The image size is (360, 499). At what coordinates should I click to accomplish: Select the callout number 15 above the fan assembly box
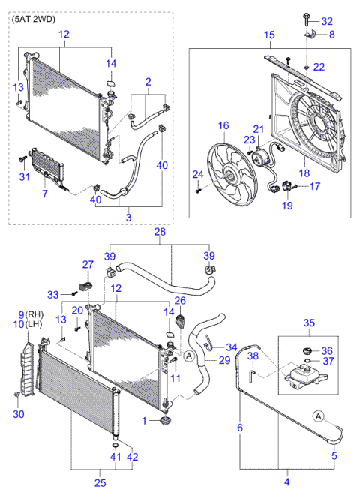pos(269,35)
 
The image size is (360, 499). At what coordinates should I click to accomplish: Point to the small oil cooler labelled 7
pos(45,163)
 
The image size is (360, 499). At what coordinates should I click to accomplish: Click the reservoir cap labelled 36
pos(306,350)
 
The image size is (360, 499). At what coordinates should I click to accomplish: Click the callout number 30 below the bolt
pos(18,413)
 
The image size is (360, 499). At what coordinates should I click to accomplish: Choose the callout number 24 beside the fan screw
pos(198,175)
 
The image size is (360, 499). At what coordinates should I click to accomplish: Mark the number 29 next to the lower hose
pos(223,361)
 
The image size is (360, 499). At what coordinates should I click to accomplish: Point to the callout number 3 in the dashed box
pos(128,217)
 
